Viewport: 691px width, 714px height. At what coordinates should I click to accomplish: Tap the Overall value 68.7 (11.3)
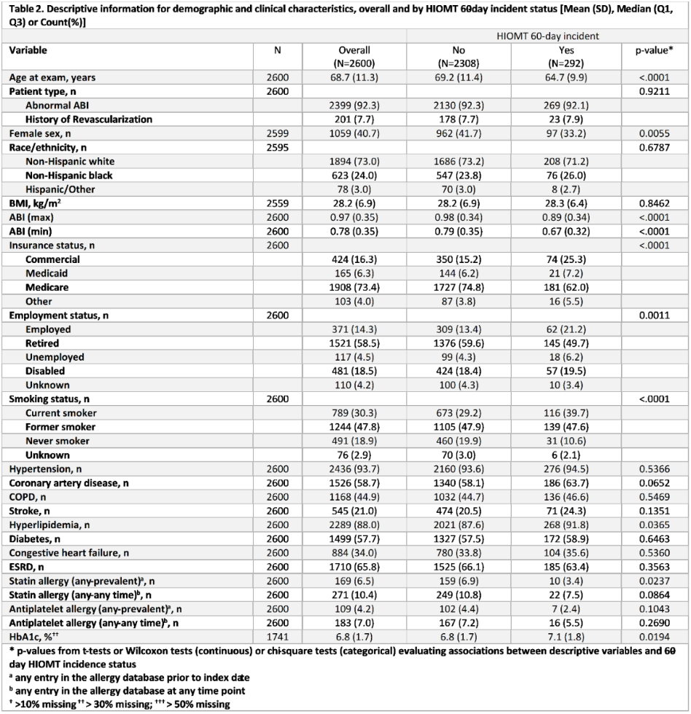354,77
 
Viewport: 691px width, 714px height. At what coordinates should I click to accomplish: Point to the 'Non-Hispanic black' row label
71,175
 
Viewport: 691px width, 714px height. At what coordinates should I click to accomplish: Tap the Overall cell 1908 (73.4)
354,287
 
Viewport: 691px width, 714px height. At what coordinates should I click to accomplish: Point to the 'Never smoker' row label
58,441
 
